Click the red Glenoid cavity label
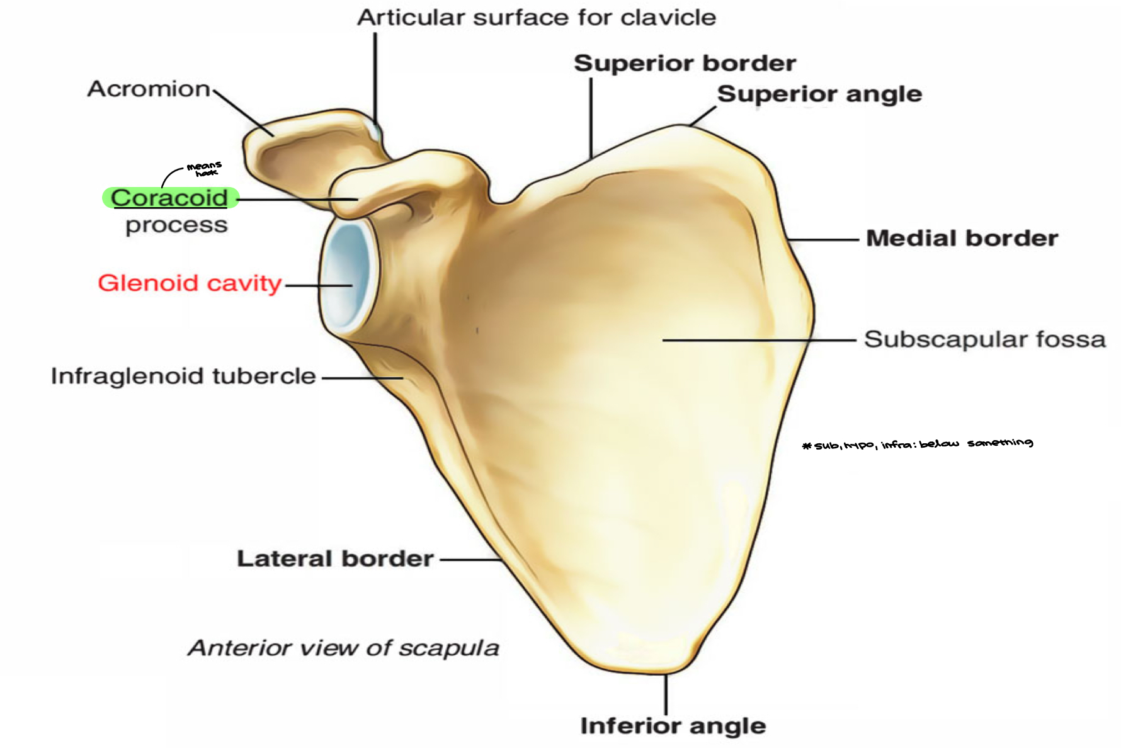190,283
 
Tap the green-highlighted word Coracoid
169,198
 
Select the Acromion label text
149,89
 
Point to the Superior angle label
819,94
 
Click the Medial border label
962,238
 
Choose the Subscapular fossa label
984,339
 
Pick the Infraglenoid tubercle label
183,376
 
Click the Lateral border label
335,558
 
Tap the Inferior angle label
673,725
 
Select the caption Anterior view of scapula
344,648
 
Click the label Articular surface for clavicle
537,18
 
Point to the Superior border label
685,63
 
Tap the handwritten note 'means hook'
204,169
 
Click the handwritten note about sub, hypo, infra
918,444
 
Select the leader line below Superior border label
591,116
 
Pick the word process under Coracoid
176,225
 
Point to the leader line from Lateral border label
471,559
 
